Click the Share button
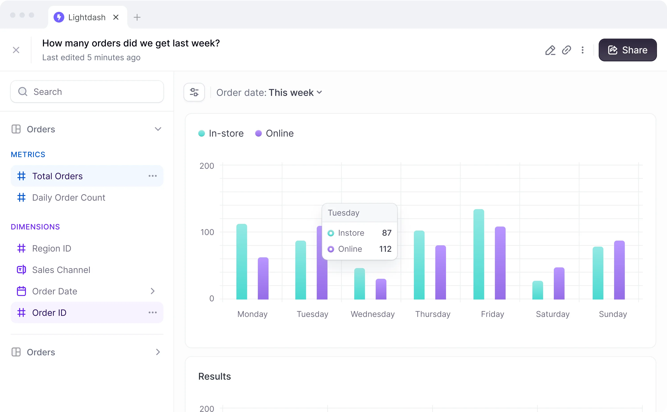(627, 50)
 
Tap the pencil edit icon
(550, 50)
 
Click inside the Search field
(87, 92)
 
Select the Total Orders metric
(58, 176)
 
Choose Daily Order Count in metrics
(69, 198)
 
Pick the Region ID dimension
(52, 248)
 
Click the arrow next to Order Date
(153, 291)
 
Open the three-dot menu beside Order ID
(153, 312)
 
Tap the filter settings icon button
(194, 92)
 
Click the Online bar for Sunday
(619, 270)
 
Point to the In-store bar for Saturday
(538, 290)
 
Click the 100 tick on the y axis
(207, 232)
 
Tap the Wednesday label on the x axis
(373, 314)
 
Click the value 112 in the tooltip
(385, 249)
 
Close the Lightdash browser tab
(116, 17)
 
